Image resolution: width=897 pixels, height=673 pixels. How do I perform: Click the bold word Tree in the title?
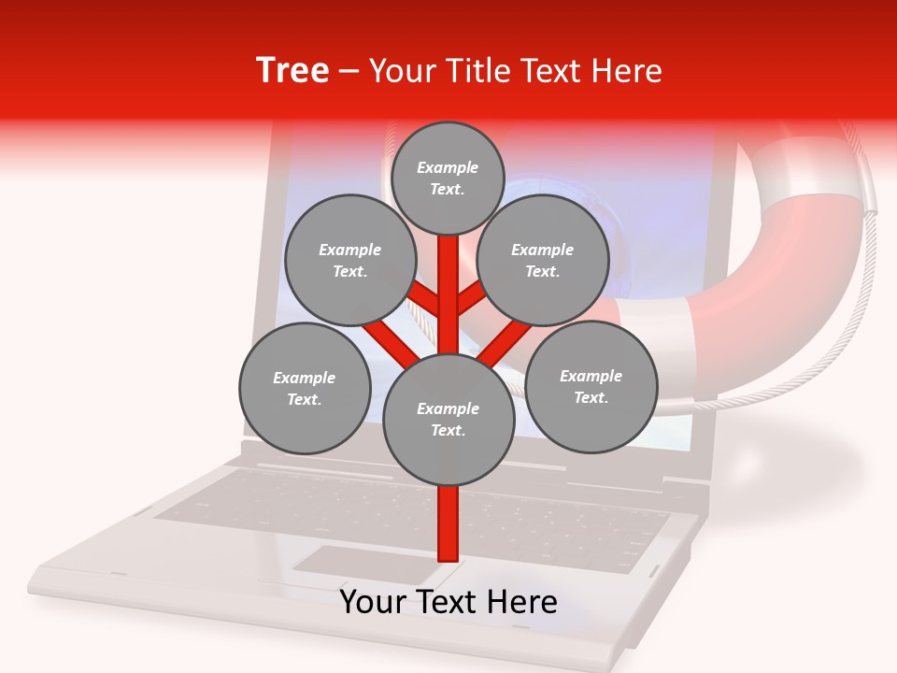(292, 71)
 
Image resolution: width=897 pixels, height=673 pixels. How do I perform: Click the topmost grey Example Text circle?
(448, 178)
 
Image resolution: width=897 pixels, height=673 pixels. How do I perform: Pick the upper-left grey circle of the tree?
(349, 260)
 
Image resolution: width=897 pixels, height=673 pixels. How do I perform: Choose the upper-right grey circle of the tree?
(542, 260)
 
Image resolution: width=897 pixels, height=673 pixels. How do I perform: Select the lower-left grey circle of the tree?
(305, 388)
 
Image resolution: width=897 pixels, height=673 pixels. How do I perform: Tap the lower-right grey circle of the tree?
(591, 386)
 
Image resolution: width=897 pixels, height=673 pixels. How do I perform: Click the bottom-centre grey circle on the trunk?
(448, 419)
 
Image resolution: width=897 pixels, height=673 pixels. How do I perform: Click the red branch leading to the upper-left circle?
(425, 299)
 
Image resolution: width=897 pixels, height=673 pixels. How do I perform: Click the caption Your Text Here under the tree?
(448, 602)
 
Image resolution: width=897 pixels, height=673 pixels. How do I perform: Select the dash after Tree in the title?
(349, 71)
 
